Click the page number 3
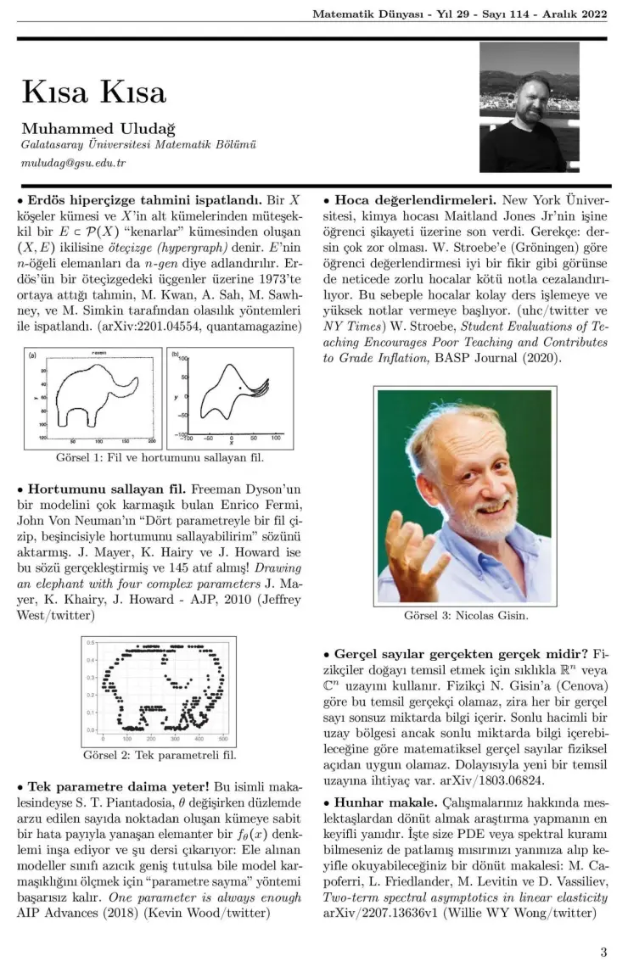603,951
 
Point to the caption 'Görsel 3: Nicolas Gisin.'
465,615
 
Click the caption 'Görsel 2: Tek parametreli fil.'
160,754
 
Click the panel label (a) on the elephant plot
32,354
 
